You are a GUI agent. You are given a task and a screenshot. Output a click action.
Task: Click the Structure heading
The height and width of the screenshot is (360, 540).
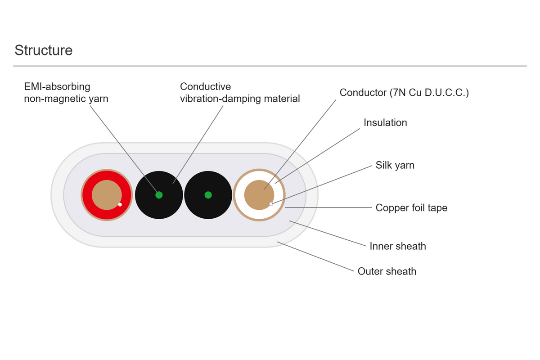coord(43,50)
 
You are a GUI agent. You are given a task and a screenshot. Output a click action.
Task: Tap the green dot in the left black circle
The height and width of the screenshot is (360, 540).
coord(159,195)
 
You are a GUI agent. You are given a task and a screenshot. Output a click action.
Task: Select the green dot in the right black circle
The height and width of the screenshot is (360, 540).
coord(208,195)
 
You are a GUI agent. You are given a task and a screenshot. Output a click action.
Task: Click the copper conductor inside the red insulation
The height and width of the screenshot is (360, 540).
coord(107,195)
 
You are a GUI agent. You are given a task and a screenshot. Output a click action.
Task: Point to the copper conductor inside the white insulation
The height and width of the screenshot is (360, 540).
coord(259,195)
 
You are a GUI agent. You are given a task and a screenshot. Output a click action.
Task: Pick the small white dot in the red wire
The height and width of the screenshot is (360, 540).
coord(120,204)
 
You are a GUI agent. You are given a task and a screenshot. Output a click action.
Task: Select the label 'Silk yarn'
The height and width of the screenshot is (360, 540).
coord(395,165)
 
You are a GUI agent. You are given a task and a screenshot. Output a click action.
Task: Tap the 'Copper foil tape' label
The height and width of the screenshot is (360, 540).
coord(411,207)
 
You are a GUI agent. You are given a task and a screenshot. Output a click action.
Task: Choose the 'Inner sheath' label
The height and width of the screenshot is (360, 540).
coord(398,246)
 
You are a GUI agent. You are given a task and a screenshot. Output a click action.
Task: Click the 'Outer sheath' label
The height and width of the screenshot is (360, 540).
coord(387,271)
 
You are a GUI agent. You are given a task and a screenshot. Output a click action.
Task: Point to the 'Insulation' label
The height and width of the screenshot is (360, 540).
coord(385,122)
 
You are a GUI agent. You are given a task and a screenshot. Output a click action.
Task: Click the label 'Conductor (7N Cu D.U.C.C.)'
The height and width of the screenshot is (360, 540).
coord(404,93)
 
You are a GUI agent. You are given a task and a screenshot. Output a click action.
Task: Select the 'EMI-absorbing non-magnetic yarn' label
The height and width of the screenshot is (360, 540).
coord(66,93)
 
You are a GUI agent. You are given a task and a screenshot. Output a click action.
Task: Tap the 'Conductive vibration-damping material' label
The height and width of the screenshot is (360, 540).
coord(240,93)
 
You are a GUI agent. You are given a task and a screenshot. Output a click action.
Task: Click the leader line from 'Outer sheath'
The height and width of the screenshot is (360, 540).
coord(315,256)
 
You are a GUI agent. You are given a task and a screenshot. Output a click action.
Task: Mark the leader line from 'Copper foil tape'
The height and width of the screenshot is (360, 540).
coord(328,207)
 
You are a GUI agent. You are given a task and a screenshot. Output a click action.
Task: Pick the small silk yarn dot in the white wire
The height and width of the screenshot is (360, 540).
coord(271,204)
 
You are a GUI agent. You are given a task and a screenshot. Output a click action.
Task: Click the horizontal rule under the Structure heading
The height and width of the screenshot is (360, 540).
coord(270,66)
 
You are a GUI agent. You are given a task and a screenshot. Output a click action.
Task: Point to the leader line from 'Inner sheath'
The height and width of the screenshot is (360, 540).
coord(328,233)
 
